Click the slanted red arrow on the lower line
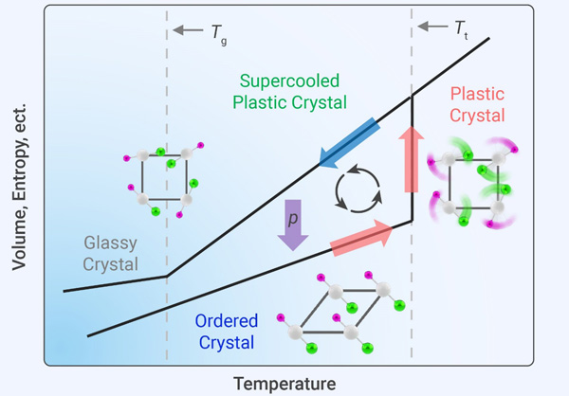point(360,238)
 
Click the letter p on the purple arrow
point(292,217)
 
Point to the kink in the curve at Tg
point(168,276)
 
